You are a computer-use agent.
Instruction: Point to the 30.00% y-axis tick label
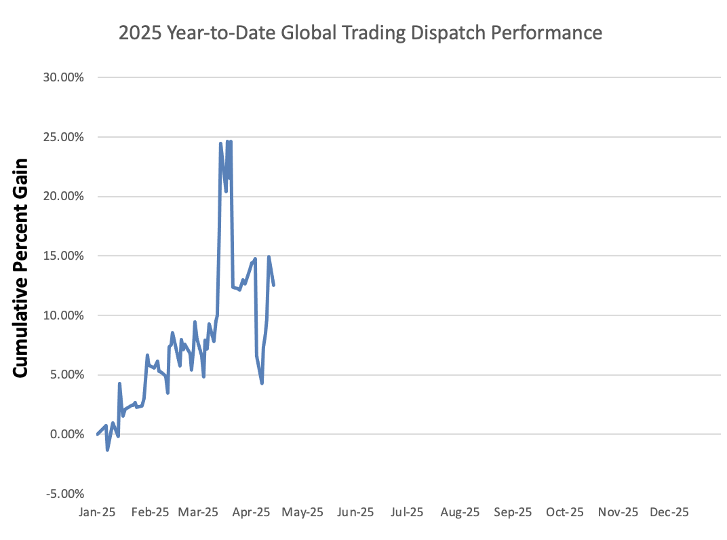coord(65,77)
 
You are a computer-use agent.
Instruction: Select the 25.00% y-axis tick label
coord(65,137)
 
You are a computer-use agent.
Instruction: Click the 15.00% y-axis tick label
coord(65,256)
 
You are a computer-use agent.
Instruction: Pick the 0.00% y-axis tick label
coord(67,434)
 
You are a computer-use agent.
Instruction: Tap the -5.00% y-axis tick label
coord(65,493)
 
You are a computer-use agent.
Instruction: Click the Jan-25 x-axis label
coord(98,513)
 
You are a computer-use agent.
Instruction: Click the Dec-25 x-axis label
coord(669,513)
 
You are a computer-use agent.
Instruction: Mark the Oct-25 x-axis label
coord(565,513)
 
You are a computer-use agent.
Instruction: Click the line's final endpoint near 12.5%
coord(273,285)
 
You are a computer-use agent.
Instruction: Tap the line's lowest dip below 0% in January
coord(107,450)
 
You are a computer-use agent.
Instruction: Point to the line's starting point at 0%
coord(98,434)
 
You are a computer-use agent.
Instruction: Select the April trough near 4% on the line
coord(262,383)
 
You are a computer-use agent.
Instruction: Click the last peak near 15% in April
coord(269,257)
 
